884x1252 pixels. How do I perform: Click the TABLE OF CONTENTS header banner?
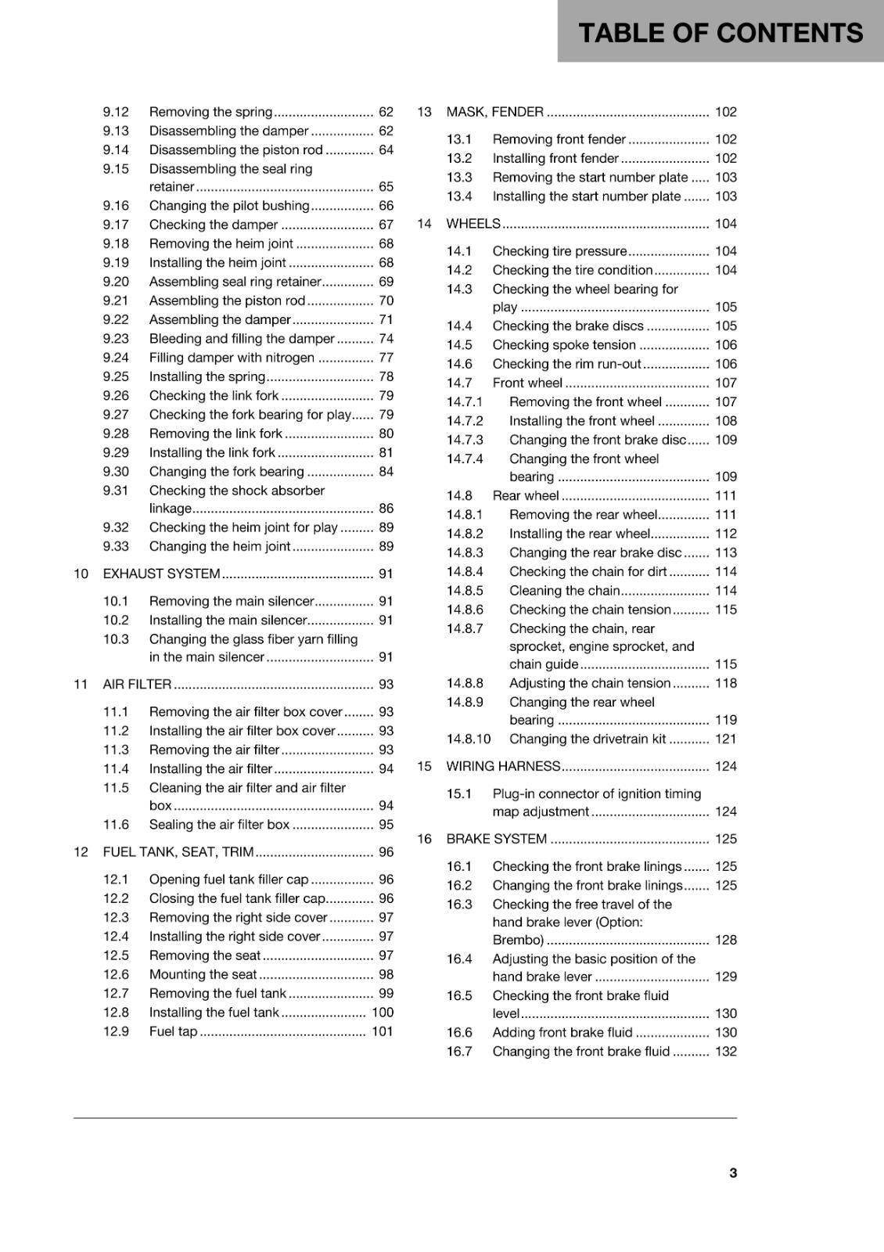(x=720, y=33)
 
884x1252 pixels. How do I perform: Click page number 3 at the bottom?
(x=733, y=1172)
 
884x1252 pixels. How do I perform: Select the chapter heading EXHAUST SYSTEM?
(x=161, y=574)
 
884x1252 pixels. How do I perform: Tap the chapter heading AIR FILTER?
(x=137, y=684)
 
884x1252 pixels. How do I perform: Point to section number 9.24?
(x=116, y=358)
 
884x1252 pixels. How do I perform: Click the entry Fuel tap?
(x=173, y=1031)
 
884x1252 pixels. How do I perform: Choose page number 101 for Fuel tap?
(x=383, y=1031)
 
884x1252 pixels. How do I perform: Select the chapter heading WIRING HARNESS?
(x=503, y=766)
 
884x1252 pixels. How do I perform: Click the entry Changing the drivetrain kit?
(x=588, y=739)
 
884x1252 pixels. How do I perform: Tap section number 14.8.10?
(x=469, y=739)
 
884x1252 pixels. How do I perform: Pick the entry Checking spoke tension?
(x=564, y=345)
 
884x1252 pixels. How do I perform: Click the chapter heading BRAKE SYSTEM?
(x=496, y=839)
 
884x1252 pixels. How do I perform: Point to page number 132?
(x=726, y=1052)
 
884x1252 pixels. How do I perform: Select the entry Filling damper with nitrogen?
(x=232, y=358)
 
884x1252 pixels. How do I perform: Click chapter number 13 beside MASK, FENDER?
(x=424, y=112)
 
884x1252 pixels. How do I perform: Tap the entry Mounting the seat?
(x=203, y=974)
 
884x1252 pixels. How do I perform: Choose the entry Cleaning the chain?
(x=564, y=591)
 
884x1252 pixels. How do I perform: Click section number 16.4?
(x=459, y=959)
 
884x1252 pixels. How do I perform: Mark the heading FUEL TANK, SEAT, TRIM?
(x=178, y=852)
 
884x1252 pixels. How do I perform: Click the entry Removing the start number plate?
(x=590, y=178)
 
